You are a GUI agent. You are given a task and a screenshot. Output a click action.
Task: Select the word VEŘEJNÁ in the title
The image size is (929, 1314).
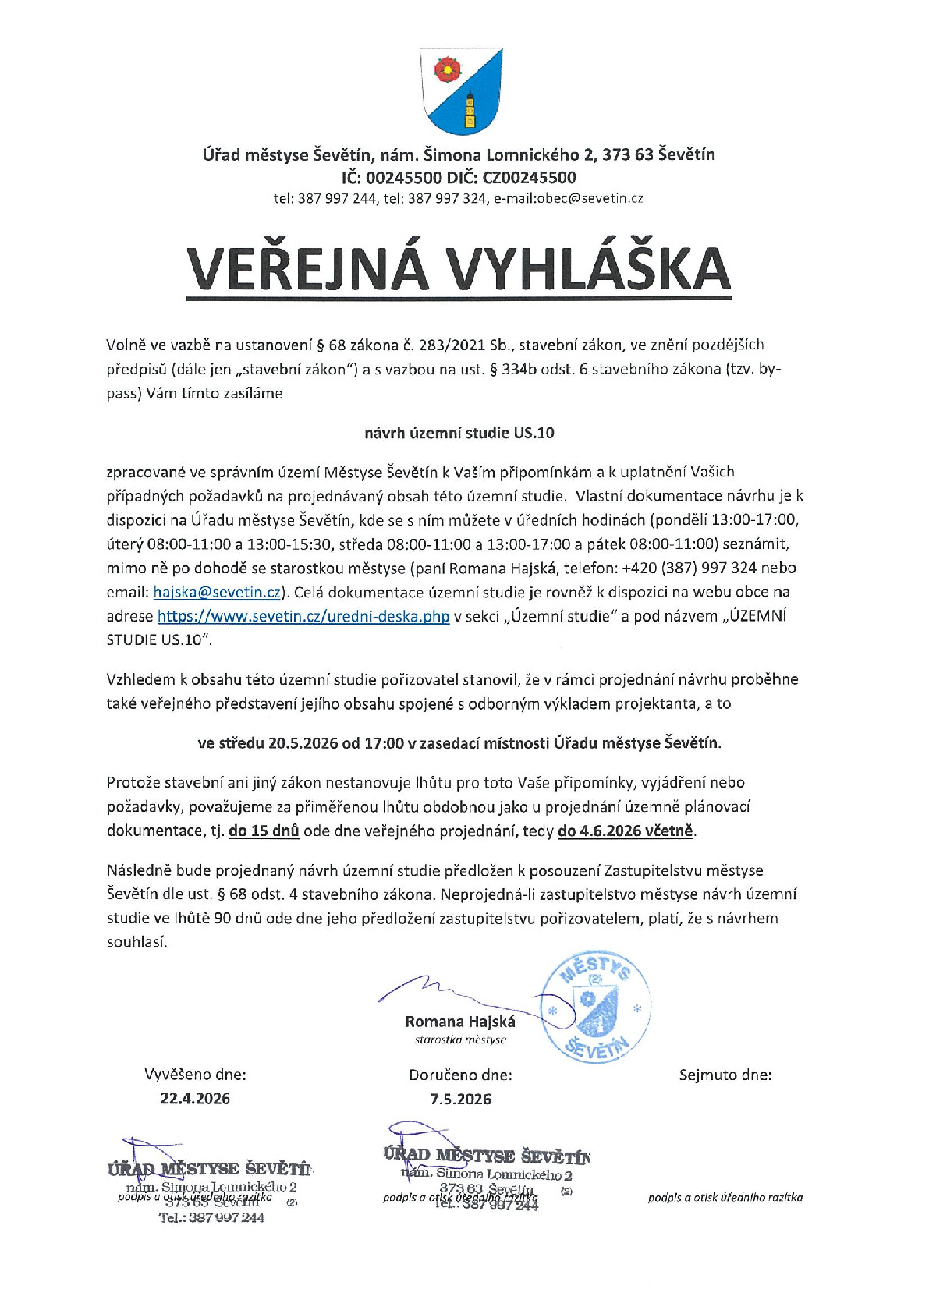coord(307,269)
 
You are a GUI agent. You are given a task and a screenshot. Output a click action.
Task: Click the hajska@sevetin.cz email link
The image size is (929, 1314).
coord(217,593)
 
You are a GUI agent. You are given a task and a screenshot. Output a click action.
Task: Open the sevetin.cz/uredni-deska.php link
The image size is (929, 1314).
coord(303,617)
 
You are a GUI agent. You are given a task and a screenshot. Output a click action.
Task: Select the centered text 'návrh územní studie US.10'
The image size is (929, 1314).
coord(459,433)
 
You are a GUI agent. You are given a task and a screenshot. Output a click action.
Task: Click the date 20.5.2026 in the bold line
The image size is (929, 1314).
coord(303,743)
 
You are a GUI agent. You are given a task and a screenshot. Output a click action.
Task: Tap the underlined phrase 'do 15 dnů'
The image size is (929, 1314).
coord(264,831)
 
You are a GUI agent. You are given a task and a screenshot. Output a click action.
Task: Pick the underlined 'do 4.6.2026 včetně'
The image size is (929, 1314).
coord(626,831)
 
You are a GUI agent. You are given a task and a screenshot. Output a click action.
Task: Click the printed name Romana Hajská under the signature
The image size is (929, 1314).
coord(460,1022)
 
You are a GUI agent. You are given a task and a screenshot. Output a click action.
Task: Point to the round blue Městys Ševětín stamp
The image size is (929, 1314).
coord(596,1008)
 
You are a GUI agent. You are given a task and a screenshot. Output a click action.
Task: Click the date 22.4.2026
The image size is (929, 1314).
coord(195,1099)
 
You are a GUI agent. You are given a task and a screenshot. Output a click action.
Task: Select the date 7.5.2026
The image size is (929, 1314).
coord(460,1100)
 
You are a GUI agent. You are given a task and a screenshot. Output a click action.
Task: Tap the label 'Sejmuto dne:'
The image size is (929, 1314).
coord(725,1075)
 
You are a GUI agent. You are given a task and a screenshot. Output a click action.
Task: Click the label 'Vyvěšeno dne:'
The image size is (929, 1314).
coord(195,1075)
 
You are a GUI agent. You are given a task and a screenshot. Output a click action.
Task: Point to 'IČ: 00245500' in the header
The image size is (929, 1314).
coord(392,177)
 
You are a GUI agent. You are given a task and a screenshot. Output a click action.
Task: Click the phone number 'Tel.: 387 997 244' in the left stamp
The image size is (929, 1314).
coord(211,1218)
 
